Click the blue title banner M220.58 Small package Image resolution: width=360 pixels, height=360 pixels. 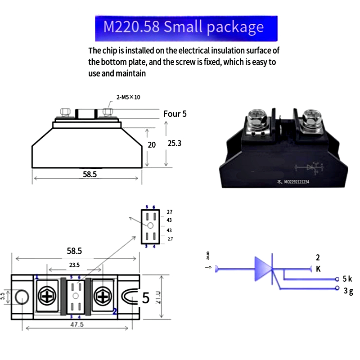point(186,28)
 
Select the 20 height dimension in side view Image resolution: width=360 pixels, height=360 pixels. point(152,145)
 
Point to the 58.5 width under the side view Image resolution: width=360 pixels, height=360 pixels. point(90,175)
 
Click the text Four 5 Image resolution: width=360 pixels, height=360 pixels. point(175,114)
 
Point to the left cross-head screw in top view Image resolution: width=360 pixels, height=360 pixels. point(47,297)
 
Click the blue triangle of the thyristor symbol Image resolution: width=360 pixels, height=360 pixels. point(263,269)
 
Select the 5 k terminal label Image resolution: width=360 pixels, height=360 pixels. point(347,278)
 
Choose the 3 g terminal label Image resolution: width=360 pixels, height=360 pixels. point(348,291)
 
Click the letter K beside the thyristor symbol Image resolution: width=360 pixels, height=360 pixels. point(318,269)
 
